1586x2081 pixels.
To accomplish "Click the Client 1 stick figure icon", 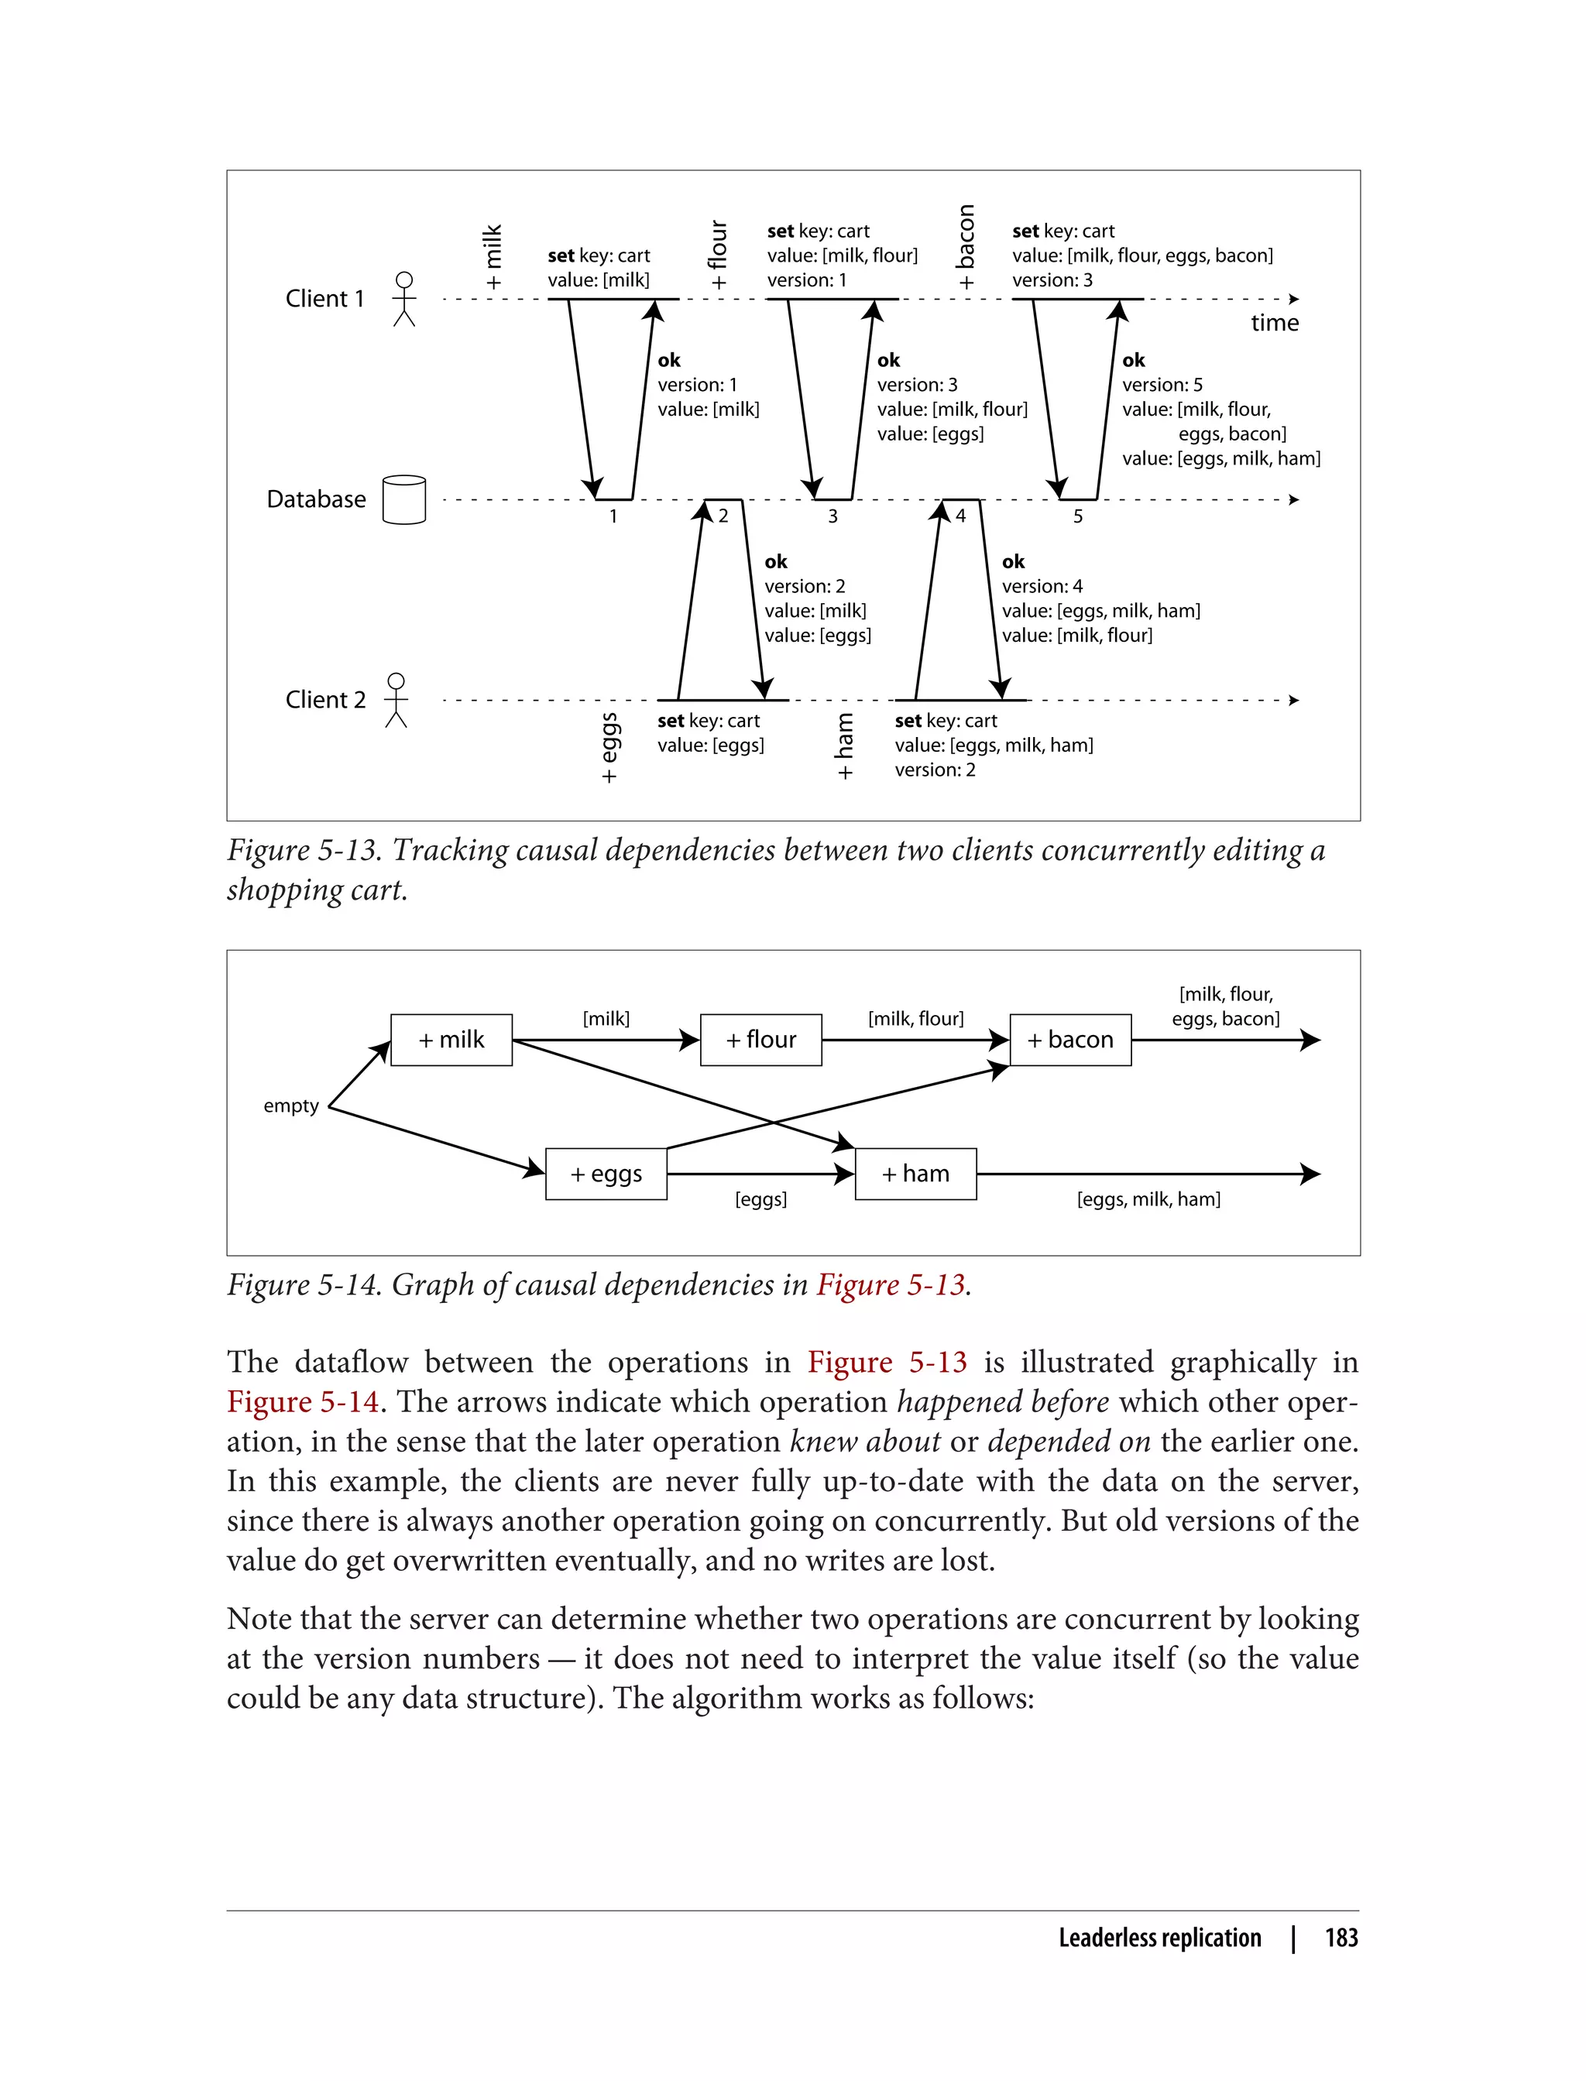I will click(x=404, y=299).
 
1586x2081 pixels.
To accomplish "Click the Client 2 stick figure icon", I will click(x=396, y=701).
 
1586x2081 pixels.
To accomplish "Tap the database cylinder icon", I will click(x=404, y=499).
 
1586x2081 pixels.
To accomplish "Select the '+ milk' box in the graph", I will click(x=451, y=1040).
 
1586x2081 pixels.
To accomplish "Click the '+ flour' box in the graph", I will click(x=761, y=1040).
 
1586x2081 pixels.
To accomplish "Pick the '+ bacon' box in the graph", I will click(x=1070, y=1040).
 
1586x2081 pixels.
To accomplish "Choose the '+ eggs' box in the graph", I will click(x=606, y=1174).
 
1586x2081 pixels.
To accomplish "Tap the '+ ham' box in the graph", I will click(x=915, y=1174).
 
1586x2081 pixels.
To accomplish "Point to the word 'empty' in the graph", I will click(x=290, y=1106).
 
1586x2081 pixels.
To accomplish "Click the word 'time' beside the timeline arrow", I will click(x=1275, y=323).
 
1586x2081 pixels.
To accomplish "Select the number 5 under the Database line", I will click(x=1077, y=516).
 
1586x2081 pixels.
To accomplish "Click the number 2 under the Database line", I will click(x=723, y=516).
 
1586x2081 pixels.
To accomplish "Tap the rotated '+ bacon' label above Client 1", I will click(x=965, y=247).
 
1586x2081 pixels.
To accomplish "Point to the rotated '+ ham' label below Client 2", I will click(x=844, y=746).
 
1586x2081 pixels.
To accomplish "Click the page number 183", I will click(x=1341, y=1938).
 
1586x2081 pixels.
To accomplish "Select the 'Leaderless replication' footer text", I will click(x=1159, y=1938).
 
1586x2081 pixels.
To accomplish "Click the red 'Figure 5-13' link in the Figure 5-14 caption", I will click(x=891, y=1284).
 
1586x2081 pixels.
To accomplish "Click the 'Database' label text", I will click(x=316, y=499).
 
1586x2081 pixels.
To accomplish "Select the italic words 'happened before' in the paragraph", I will click(x=1003, y=1403).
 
